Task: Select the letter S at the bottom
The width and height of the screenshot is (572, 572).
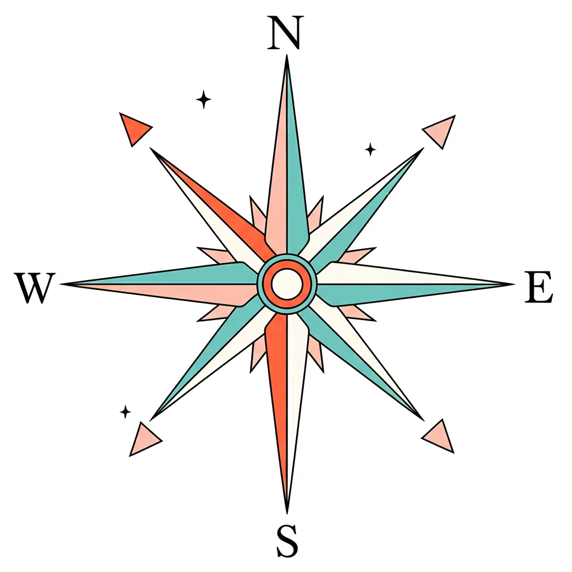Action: point(287,541)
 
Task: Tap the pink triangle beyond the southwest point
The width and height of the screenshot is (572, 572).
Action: point(144,439)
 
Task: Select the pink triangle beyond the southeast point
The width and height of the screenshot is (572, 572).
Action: point(440,436)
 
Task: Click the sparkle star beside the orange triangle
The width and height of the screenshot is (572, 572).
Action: point(204,99)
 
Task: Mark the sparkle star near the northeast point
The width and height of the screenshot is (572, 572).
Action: point(370,149)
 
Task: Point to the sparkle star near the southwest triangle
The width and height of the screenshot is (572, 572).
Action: point(126,412)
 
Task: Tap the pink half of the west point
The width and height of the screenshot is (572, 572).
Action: point(168,292)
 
